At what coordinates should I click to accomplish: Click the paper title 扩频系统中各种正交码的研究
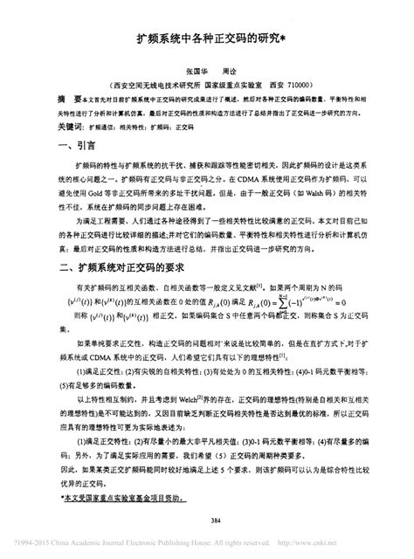[x=204, y=40]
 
